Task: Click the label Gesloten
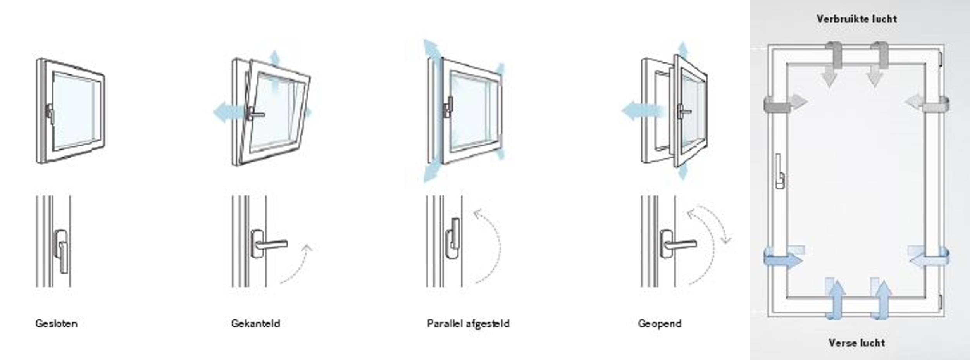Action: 56,323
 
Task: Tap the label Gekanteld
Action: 255,323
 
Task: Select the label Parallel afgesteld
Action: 468,323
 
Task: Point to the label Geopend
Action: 660,324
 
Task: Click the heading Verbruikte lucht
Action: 857,19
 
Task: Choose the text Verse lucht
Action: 857,343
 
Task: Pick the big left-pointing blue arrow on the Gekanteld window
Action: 229,112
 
